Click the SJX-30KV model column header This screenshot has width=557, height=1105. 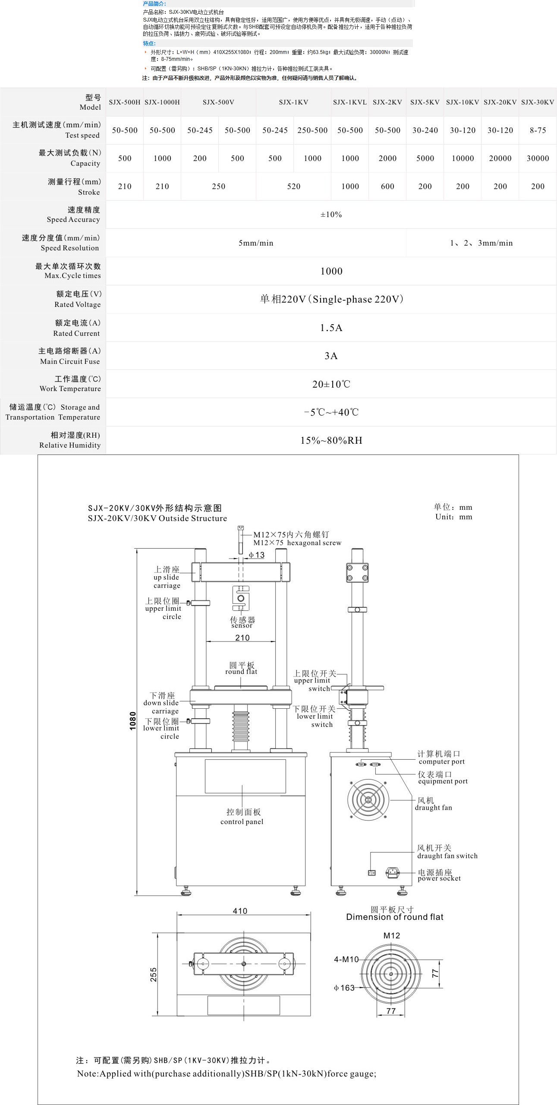coord(537,102)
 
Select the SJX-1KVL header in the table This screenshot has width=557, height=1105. coord(349,102)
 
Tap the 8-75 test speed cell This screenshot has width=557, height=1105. coord(538,130)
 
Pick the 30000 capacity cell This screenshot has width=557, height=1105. coord(538,158)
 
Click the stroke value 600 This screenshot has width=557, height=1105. coord(387,186)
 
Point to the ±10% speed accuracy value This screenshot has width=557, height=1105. coord(331,215)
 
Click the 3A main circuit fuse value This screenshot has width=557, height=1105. coord(331,356)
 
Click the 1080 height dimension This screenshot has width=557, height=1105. coord(133,720)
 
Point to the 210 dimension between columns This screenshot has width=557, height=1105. coord(242,638)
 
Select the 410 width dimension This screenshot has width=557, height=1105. coord(240,911)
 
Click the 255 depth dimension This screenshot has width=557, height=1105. coord(154,975)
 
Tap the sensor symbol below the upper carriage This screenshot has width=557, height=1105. coord(241,598)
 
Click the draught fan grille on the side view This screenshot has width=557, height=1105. coord(368,800)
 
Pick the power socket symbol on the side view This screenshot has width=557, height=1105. coord(392,872)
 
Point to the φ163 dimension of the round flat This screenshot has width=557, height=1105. coord(344,988)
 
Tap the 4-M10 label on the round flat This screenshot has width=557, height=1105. coord(346,960)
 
